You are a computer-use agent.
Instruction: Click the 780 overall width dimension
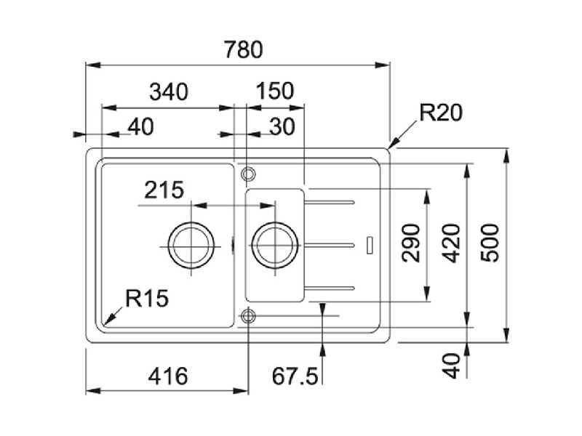[x=244, y=49]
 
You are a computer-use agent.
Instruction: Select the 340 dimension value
[x=169, y=92]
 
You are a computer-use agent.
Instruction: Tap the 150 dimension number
[x=275, y=91]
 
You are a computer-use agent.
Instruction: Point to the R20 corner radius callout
[x=441, y=113]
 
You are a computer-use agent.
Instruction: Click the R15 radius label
[x=147, y=298]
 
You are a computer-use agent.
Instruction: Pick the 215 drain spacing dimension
[x=164, y=190]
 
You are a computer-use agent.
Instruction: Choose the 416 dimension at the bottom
[x=168, y=376]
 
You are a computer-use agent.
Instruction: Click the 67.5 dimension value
[x=295, y=376]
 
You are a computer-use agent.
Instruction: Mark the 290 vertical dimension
[x=411, y=243]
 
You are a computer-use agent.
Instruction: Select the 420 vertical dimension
[x=452, y=243]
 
